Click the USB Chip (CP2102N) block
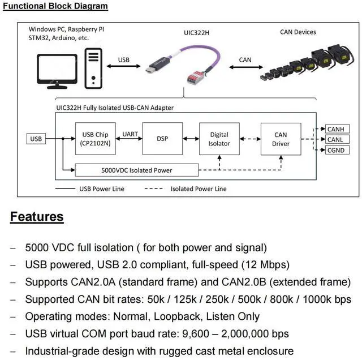click(x=95, y=139)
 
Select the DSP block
click(x=162, y=139)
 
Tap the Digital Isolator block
click(x=219, y=139)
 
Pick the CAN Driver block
click(x=280, y=139)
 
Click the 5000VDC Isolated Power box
click(x=136, y=170)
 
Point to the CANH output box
click(x=335, y=129)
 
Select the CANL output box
click(x=335, y=139)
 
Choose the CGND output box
click(x=335, y=150)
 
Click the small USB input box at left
click(x=36, y=139)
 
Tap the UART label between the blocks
click(x=130, y=135)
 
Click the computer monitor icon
click(x=57, y=70)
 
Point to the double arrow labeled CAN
click(x=245, y=67)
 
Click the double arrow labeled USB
click(x=123, y=67)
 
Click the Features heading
click(x=37, y=217)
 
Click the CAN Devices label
click(x=298, y=32)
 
